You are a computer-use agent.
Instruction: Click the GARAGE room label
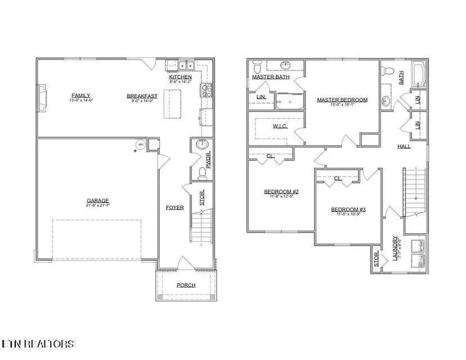pyautogui.click(x=97, y=200)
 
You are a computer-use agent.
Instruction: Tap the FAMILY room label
pyautogui.click(x=80, y=95)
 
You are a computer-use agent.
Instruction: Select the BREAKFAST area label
pyautogui.click(x=142, y=96)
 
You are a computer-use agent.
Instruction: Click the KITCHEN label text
pyautogui.click(x=180, y=77)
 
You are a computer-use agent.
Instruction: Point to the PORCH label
pyautogui.click(x=186, y=285)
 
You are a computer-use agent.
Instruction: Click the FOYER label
pyautogui.click(x=174, y=208)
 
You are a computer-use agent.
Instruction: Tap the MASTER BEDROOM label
pyautogui.click(x=342, y=100)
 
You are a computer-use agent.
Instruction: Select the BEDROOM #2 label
pyautogui.click(x=280, y=192)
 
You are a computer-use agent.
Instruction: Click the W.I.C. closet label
pyautogui.click(x=280, y=126)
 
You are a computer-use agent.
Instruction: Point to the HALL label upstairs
pyautogui.click(x=404, y=146)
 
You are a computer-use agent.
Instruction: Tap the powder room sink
pyautogui.click(x=201, y=145)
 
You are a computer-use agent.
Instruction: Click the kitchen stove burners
pyautogui.click(x=207, y=88)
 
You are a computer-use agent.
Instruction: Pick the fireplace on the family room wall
pyautogui.click(x=41, y=96)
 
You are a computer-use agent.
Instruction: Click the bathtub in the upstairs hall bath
pyautogui.click(x=418, y=73)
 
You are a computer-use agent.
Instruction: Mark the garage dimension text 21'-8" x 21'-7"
pyautogui.click(x=97, y=206)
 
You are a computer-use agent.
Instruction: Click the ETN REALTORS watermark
pyautogui.click(x=38, y=343)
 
